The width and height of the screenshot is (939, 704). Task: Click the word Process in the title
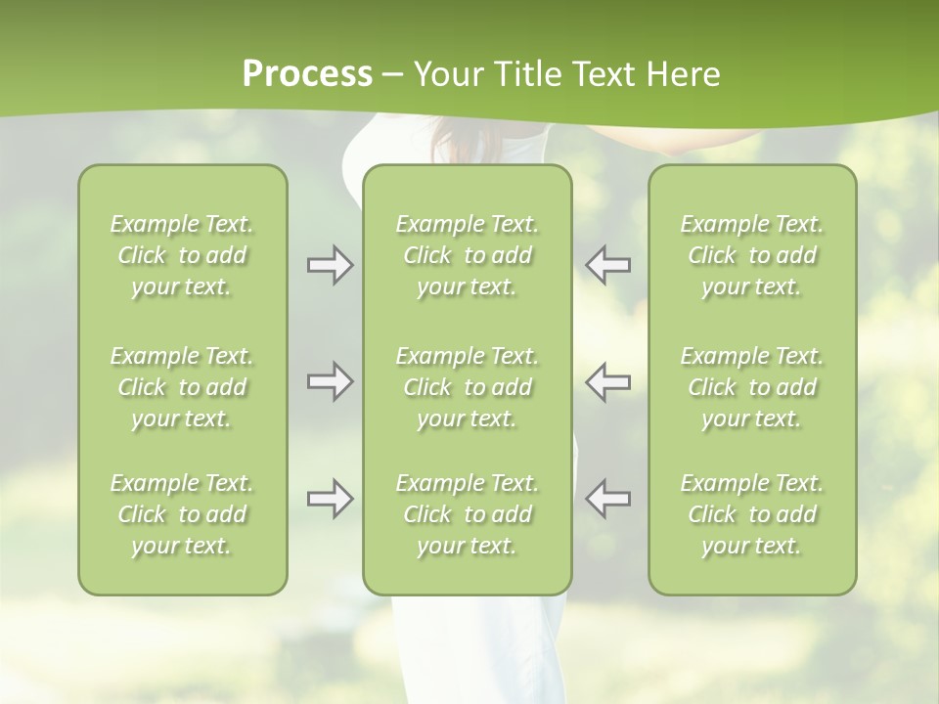pyautogui.click(x=307, y=74)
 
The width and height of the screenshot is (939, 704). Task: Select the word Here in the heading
pyautogui.click(x=685, y=74)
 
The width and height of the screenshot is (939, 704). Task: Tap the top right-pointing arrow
pyautogui.click(x=330, y=265)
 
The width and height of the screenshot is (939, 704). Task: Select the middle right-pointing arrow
pyautogui.click(x=330, y=381)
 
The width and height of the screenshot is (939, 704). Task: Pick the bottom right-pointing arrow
pyautogui.click(x=330, y=499)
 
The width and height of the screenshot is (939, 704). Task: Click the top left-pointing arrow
pyautogui.click(x=608, y=265)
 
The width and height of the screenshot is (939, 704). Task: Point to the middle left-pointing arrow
pyautogui.click(x=608, y=381)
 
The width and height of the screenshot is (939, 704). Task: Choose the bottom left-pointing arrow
pyautogui.click(x=608, y=499)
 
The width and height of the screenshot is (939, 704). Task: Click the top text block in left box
pyautogui.click(x=182, y=255)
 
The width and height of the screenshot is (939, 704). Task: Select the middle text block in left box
pyautogui.click(x=182, y=387)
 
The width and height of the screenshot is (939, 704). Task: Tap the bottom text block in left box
pyautogui.click(x=182, y=514)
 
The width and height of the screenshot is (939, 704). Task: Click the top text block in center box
pyautogui.click(x=468, y=255)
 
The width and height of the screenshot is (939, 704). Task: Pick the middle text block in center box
pyautogui.click(x=468, y=387)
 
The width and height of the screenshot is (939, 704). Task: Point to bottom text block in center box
pyautogui.click(x=468, y=514)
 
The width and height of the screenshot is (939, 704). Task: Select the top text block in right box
pyautogui.click(x=752, y=255)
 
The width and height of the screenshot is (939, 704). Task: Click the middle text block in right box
pyautogui.click(x=752, y=387)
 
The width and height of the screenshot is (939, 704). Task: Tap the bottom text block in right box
pyautogui.click(x=752, y=514)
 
